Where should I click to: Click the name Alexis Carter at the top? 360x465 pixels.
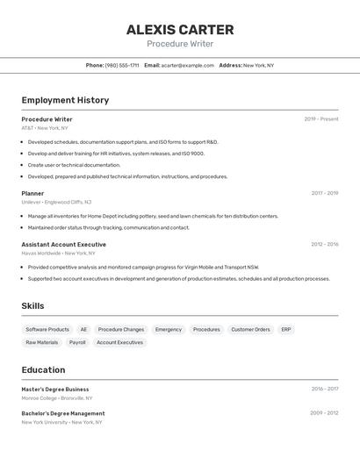(179, 29)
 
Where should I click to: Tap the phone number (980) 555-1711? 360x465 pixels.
(122, 65)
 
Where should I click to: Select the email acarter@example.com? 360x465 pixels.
(187, 65)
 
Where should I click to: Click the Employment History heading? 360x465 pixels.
(65, 100)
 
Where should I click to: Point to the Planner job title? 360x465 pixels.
(32, 193)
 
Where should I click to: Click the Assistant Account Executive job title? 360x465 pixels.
(63, 245)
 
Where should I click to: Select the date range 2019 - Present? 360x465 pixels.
(320, 119)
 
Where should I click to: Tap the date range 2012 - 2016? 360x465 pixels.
(324, 245)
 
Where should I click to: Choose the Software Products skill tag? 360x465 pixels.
(47, 330)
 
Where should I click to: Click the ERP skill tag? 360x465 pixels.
(286, 330)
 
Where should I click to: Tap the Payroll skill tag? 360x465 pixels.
(77, 342)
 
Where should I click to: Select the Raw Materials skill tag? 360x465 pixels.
(42, 342)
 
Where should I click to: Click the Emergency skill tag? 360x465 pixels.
(169, 330)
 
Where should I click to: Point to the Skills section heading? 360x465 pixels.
(33, 306)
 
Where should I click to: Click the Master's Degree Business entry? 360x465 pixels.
(55, 390)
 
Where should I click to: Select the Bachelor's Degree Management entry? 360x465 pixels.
(63, 413)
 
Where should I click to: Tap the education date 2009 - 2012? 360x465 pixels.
(324, 413)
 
